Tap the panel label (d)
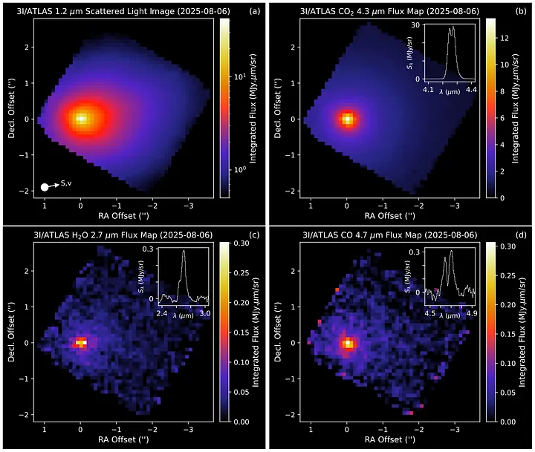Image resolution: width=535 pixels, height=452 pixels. [521, 235]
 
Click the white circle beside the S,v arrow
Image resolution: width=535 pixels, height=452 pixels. [45, 188]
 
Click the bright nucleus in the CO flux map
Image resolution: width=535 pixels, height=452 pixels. [347, 343]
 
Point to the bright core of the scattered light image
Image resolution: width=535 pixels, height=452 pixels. [82, 118]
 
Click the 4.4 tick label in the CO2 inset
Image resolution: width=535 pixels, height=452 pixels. [470, 89]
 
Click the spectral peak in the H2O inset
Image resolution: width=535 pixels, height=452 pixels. [184, 252]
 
